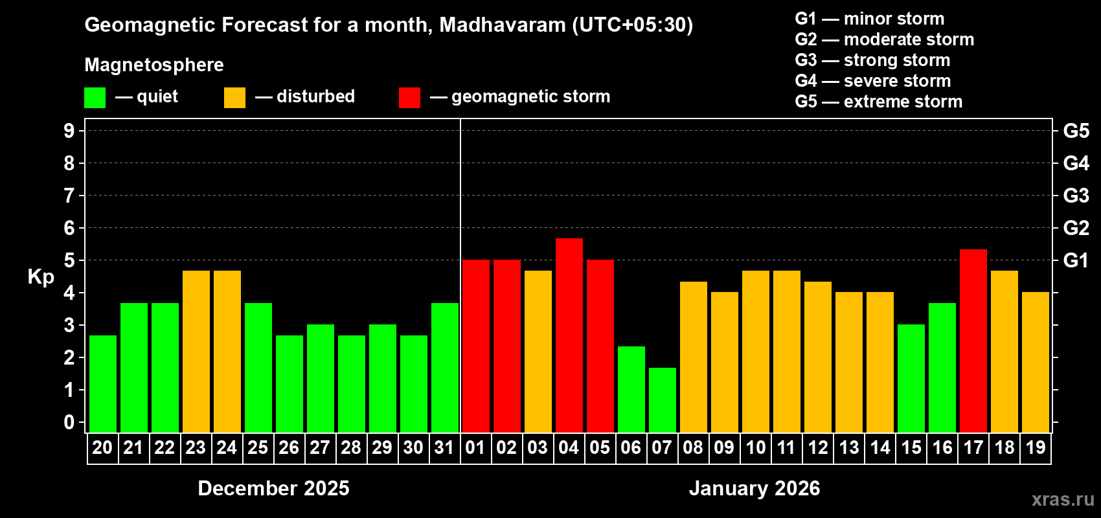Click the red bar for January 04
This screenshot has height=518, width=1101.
coord(569,335)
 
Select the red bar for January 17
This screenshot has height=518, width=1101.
coord(973,341)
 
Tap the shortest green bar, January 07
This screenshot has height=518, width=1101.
coord(662,400)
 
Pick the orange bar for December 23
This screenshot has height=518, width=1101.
coord(196,352)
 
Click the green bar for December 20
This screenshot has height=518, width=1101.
coord(102,384)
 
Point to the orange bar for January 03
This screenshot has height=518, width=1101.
coord(538,352)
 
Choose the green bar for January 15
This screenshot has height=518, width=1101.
coord(911,378)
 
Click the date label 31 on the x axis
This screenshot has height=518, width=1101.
coord(444,447)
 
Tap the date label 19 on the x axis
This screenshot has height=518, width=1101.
coord(1036,447)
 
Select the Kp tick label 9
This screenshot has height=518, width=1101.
coord(69,131)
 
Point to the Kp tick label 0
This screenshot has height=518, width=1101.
coord(69,423)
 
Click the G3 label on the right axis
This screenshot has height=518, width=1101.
coord(1076,196)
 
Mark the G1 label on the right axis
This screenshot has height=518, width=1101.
coord(1076,260)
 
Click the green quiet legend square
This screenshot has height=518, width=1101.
coord(95,98)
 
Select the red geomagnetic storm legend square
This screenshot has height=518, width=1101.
coord(409,98)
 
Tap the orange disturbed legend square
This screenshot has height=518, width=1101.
coord(234,98)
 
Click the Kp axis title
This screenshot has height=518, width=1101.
coord(41,277)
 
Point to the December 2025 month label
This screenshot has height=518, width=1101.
coord(273,488)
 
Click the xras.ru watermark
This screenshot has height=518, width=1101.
coord(1063,499)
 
